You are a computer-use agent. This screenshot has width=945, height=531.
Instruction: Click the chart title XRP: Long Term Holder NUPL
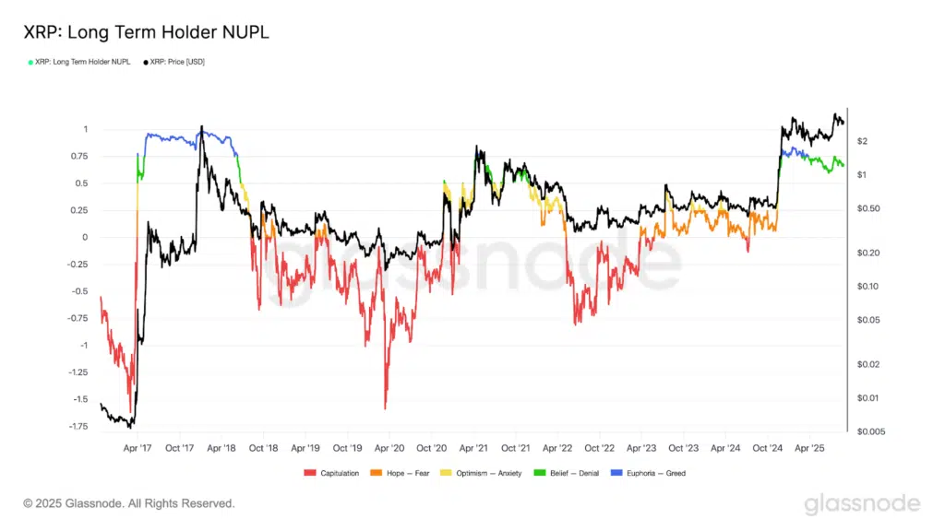(147, 32)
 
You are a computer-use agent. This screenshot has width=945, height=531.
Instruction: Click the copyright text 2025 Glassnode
(129, 503)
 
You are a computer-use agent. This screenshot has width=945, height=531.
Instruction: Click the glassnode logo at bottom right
(862, 503)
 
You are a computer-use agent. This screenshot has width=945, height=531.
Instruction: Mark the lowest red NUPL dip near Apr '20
(385, 407)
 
